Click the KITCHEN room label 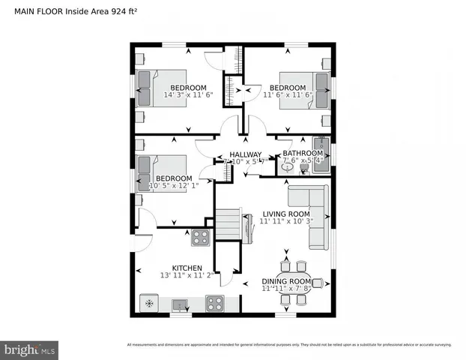(x=187, y=268)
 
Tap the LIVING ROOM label (x=285, y=214)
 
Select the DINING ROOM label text (x=285, y=281)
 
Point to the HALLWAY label (x=246, y=154)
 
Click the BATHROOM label (x=303, y=153)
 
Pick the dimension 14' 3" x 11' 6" (x=189, y=95)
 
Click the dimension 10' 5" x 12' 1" (x=174, y=185)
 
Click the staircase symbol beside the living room (x=228, y=223)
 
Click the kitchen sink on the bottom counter (x=179, y=304)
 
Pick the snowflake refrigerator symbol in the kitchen (x=149, y=304)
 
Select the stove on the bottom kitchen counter (x=215, y=304)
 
